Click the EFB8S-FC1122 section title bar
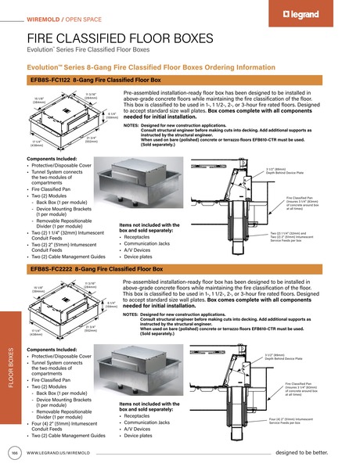tap(94, 81)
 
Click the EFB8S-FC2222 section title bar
tap(94, 269)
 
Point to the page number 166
tap(13, 453)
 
